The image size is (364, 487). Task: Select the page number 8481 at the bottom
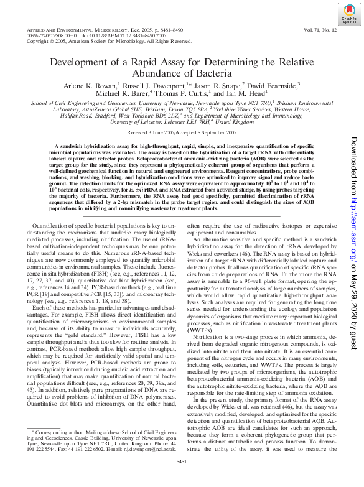pos(182,478)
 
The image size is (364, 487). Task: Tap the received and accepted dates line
pos(182,133)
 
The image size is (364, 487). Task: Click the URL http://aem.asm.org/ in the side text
pos(353,215)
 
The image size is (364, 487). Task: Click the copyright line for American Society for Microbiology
pos(110,42)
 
